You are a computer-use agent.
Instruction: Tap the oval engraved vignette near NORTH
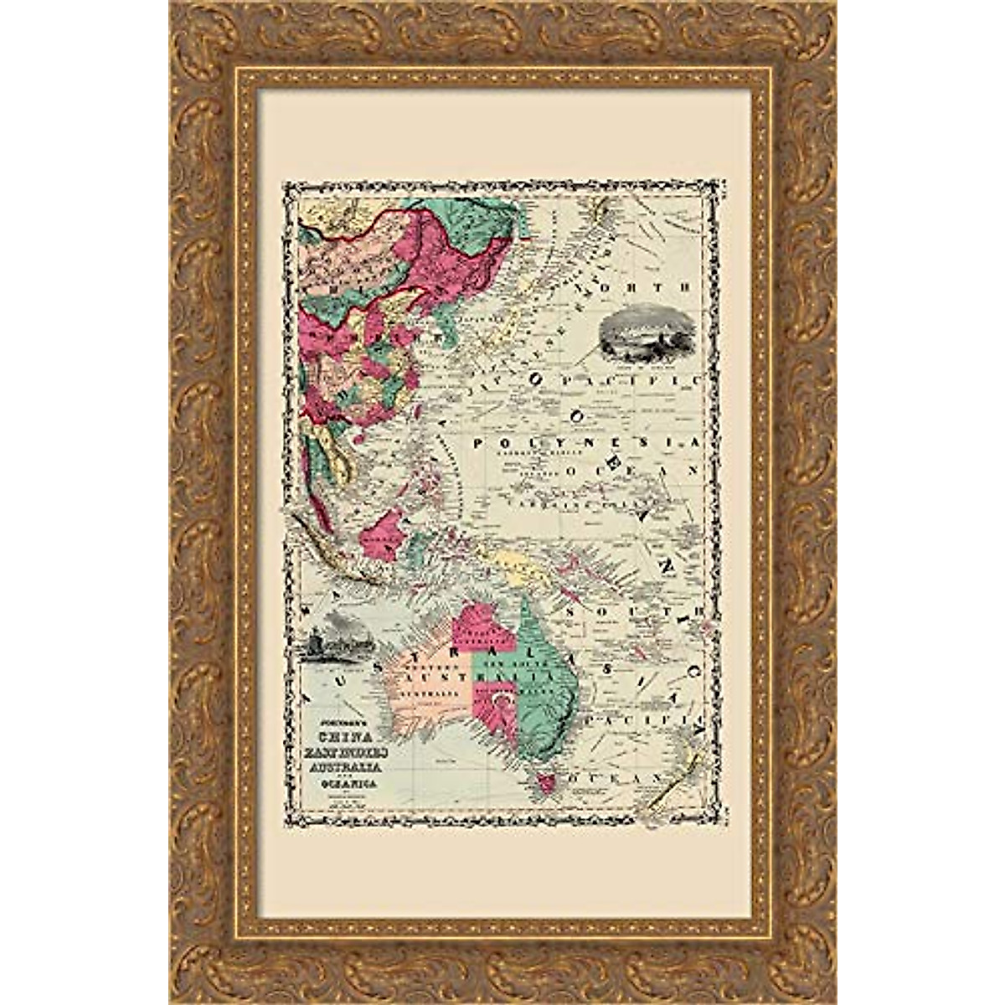point(640,336)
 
